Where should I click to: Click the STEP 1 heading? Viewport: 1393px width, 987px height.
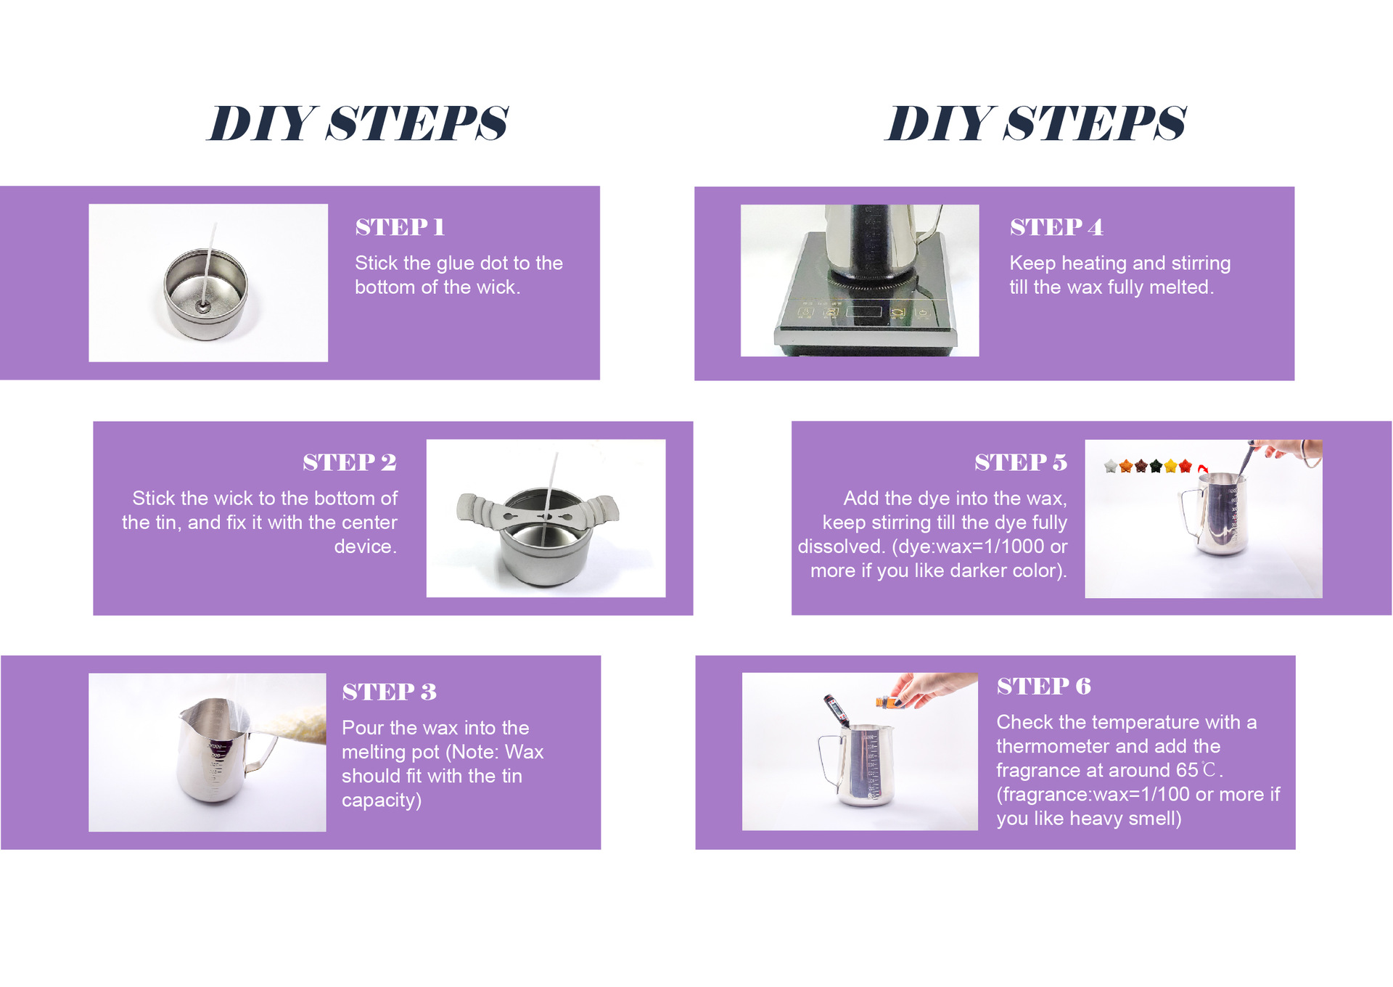pyautogui.click(x=400, y=227)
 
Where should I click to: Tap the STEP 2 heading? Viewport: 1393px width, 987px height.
pyautogui.click(x=350, y=462)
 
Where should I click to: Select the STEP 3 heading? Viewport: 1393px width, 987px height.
pyautogui.click(x=390, y=692)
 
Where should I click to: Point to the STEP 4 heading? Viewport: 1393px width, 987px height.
pyautogui.click(x=1056, y=227)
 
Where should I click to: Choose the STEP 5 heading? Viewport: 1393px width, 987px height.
pyautogui.click(x=1021, y=462)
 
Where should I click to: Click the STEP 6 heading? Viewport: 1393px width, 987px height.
pyautogui.click(x=1044, y=686)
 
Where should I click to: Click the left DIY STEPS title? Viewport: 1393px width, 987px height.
pyautogui.click(x=358, y=123)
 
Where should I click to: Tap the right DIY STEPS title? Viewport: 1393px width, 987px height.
pyautogui.click(x=1036, y=123)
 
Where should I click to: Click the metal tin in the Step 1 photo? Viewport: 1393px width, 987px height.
pyautogui.click(x=206, y=294)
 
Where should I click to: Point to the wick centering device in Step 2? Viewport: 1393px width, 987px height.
pyautogui.click(x=538, y=513)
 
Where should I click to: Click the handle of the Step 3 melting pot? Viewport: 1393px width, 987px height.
pyautogui.click(x=259, y=752)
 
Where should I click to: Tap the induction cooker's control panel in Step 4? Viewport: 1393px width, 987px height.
pyautogui.click(x=863, y=314)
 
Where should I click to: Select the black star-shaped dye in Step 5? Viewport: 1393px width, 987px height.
pyautogui.click(x=1156, y=466)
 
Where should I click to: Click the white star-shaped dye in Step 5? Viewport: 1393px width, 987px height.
pyautogui.click(x=1111, y=466)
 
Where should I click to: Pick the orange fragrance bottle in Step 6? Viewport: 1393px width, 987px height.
pyautogui.click(x=884, y=701)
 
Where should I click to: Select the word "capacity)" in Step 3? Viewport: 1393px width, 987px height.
pyautogui.click(x=382, y=800)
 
